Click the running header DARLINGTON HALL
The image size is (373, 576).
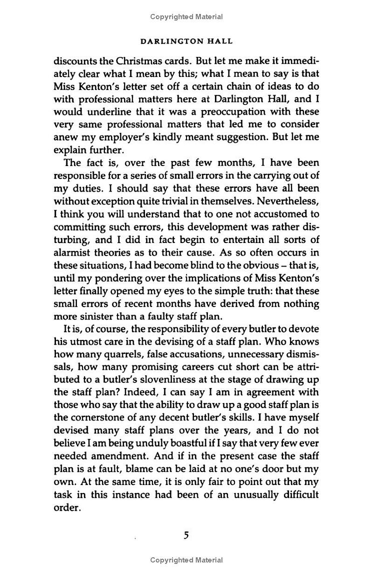(186, 42)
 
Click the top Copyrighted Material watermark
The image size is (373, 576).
(186, 17)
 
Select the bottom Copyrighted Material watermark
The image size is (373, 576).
(186, 560)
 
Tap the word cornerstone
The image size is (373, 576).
(104, 418)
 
